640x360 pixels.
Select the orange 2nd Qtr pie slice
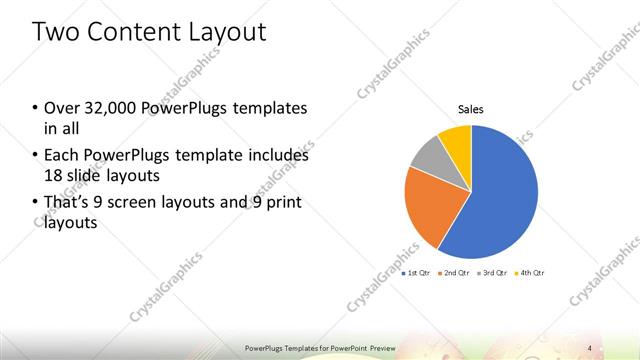click(x=428, y=205)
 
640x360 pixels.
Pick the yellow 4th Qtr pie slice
click(x=456, y=137)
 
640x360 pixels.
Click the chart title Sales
click(x=471, y=109)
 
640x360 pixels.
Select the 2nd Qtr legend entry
click(x=454, y=272)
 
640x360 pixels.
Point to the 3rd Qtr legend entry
click(x=492, y=272)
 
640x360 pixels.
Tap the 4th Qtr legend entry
click(x=529, y=272)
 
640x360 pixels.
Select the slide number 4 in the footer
click(x=590, y=347)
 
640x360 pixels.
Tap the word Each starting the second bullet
click(x=60, y=156)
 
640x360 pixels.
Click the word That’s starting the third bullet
click(x=67, y=203)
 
